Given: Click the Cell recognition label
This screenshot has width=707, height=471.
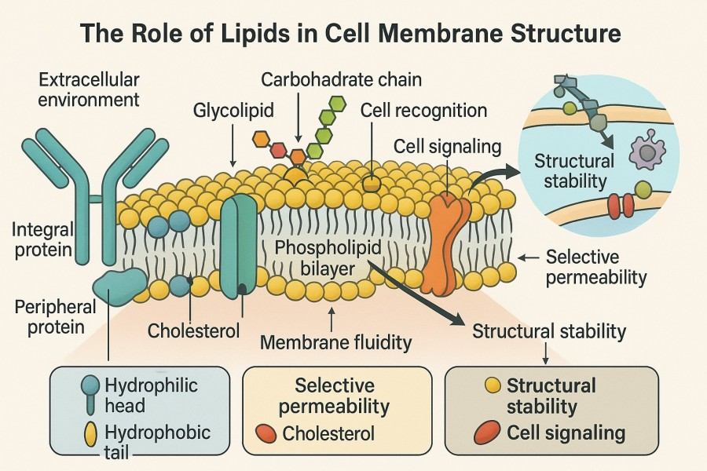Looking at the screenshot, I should click(x=423, y=110).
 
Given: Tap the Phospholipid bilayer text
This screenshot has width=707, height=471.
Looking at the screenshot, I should click(x=328, y=258).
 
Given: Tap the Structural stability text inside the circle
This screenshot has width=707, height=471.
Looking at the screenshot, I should click(x=573, y=171).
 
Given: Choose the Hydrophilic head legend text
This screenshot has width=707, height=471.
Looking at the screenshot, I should click(x=151, y=395).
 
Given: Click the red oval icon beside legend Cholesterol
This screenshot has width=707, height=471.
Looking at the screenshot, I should click(x=266, y=433).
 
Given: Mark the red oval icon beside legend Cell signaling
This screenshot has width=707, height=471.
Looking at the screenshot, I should click(x=488, y=433).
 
